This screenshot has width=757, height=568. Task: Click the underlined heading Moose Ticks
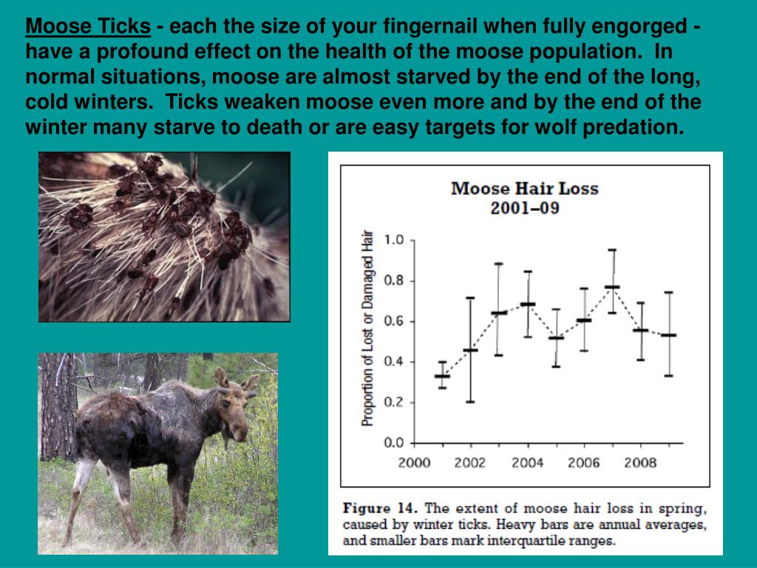(x=88, y=27)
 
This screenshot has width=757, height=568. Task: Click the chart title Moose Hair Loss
(x=524, y=188)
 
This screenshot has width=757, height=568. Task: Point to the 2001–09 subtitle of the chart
(x=524, y=208)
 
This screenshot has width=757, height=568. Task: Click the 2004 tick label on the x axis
(x=527, y=463)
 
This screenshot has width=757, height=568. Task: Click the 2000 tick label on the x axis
(x=413, y=463)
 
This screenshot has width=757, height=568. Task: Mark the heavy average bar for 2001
(x=442, y=376)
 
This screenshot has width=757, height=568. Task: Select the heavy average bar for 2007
(x=612, y=287)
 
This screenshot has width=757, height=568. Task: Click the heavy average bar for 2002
(x=470, y=350)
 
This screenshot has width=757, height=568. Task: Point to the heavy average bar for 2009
(x=668, y=335)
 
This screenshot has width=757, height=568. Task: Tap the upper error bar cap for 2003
(x=498, y=264)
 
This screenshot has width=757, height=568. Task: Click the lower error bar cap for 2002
(x=470, y=402)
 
